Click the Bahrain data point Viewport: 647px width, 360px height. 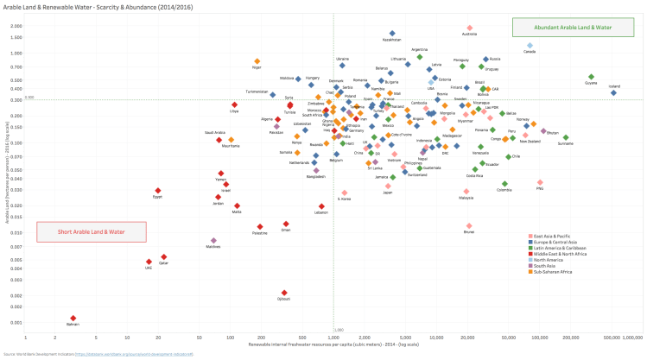(73, 319)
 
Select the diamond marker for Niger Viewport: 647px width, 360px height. (257, 61)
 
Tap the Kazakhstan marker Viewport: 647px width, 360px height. (392, 34)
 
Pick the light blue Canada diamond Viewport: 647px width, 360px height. (530, 46)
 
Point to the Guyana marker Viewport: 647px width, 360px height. (592, 77)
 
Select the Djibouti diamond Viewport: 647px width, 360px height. (284, 293)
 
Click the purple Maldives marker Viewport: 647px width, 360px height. (213, 241)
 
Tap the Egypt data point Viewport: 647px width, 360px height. (158, 191)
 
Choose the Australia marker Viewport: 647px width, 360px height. (470, 28)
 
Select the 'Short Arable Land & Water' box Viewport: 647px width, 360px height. (91, 231)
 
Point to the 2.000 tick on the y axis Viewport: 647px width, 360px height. (17, 26)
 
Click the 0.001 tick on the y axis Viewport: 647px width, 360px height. (17, 323)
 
